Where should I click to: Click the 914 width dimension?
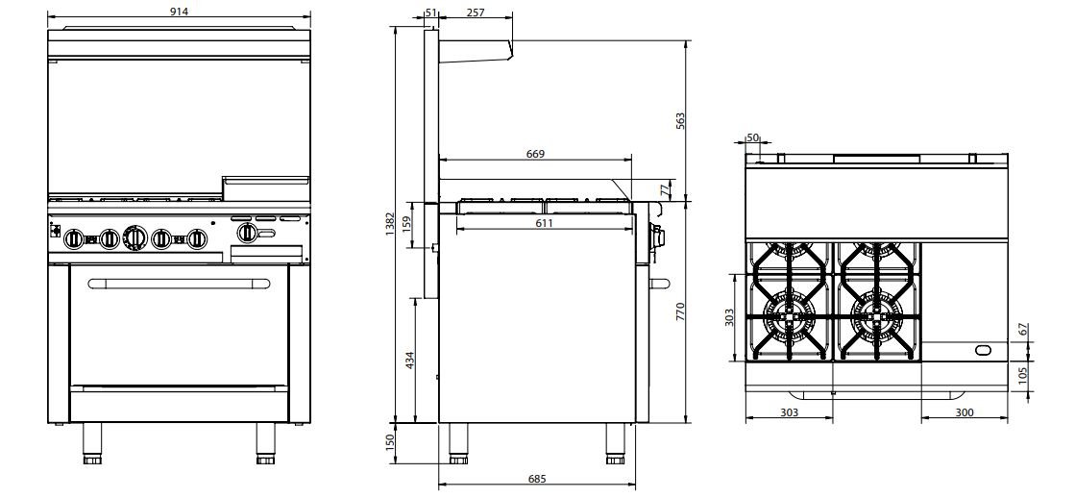179,11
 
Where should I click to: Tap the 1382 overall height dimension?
390,224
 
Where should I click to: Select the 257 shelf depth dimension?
475,12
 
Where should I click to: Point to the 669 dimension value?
535,154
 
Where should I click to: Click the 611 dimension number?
544,222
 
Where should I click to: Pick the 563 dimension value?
680,121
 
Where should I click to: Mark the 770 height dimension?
680,312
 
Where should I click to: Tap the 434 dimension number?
409,361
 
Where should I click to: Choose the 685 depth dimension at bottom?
537,479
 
